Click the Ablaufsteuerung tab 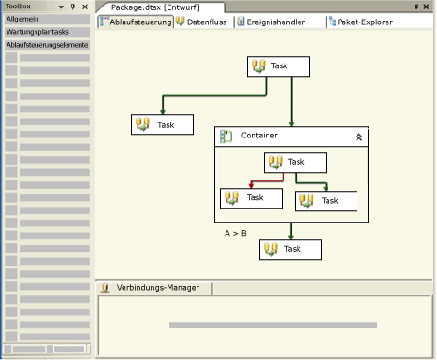point(137,22)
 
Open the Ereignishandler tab point(276,22)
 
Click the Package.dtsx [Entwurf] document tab point(154,7)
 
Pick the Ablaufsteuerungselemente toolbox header point(47,44)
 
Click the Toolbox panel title point(19,6)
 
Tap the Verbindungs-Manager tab point(156,288)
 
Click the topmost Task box point(278,66)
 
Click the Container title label point(258,136)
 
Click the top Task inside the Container point(295,162)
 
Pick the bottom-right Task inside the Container point(327,200)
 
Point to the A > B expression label point(236,232)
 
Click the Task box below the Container point(290,249)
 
